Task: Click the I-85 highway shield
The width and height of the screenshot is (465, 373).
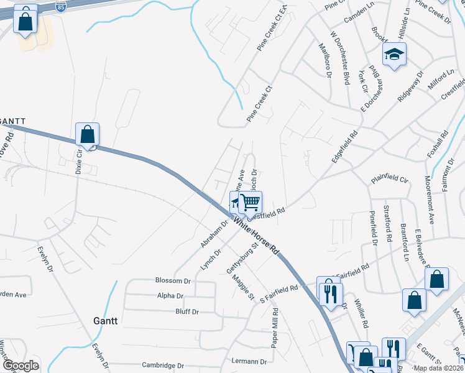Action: point(60,7)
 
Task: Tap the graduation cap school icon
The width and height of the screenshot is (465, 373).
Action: point(394,55)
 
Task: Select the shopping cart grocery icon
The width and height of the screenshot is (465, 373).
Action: point(250,202)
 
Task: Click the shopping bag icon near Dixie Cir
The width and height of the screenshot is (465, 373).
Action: point(87,135)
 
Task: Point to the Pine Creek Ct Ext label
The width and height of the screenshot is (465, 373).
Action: point(272,29)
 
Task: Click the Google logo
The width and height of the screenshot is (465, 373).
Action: point(21,365)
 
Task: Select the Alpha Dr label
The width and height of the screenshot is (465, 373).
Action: point(170,297)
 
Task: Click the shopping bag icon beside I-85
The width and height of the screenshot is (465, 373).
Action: point(25,22)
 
